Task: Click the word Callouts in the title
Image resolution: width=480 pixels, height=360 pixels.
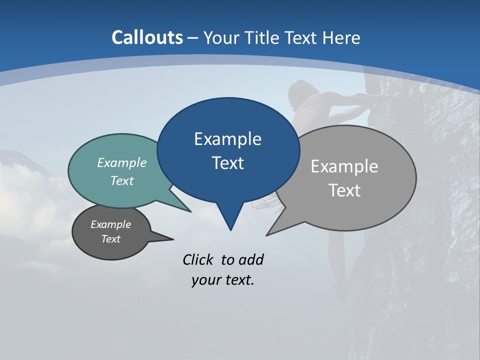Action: pyautogui.click(x=147, y=37)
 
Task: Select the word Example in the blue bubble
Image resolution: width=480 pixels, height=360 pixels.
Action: pyautogui.click(x=227, y=139)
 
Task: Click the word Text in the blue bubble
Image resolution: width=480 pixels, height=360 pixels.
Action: pyautogui.click(x=227, y=163)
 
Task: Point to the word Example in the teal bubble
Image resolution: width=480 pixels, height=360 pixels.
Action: pyautogui.click(x=122, y=163)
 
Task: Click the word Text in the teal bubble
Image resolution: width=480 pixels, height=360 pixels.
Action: pyautogui.click(x=122, y=181)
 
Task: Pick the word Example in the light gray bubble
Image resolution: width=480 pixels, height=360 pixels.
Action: pyautogui.click(x=344, y=166)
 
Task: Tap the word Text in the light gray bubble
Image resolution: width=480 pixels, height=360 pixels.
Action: pyautogui.click(x=344, y=190)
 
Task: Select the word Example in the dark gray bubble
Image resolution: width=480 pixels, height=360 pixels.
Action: pyautogui.click(x=111, y=224)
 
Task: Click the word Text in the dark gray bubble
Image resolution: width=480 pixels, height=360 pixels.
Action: pyautogui.click(x=111, y=239)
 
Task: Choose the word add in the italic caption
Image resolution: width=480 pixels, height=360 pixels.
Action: pyautogui.click(x=251, y=259)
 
